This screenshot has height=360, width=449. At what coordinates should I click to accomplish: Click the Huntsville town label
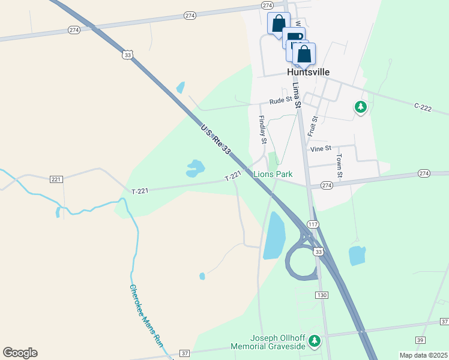pyautogui.click(x=309, y=71)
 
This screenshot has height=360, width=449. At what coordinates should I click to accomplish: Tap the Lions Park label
pyautogui.click(x=273, y=174)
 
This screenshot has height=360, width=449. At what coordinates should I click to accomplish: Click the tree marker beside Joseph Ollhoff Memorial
pyautogui.click(x=314, y=341)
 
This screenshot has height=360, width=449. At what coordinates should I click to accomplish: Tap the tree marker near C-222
pyautogui.click(x=360, y=107)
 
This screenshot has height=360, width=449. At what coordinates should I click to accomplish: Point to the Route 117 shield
pyautogui.click(x=313, y=224)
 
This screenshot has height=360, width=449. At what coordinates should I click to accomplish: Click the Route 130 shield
pyautogui.click(x=322, y=295)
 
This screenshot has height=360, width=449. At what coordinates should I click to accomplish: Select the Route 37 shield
pyautogui.click(x=184, y=353)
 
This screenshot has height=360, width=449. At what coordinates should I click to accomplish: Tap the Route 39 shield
pyautogui.click(x=420, y=340)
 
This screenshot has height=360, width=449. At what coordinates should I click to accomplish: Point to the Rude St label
pyautogui.click(x=280, y=101)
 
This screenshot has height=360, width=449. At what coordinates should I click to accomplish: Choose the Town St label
pyautogui.click(x=339, y=166)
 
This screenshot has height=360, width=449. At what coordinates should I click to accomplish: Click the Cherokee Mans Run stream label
pyautogui.click(x=146, y=316)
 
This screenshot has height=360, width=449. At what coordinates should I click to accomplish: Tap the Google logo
pyautogui.click(x=20, y=353)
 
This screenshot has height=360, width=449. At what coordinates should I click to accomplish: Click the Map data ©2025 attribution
pyautogui.click(x=423, y=355)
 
